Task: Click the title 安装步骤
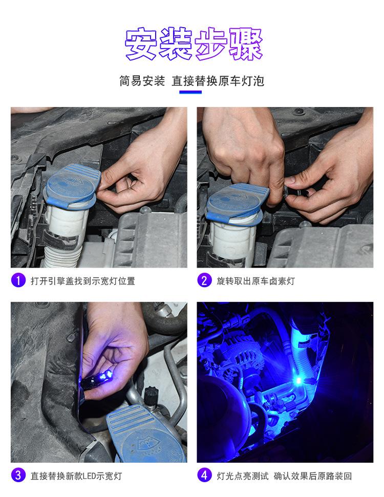coord(194,44)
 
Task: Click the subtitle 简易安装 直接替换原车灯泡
coord(192,81)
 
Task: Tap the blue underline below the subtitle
coord(190,92)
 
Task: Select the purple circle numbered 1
coord(18,280)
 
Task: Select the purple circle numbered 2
coord(204,280)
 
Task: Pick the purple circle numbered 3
coord(18,476)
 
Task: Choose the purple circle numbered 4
coord(204,476)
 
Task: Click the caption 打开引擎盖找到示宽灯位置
coord(83,281)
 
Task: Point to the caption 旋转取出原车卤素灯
coord(255,281)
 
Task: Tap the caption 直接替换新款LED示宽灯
coord(76,476)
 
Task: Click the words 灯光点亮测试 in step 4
coord(243,476)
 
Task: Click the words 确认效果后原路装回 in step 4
coord(313,476)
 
